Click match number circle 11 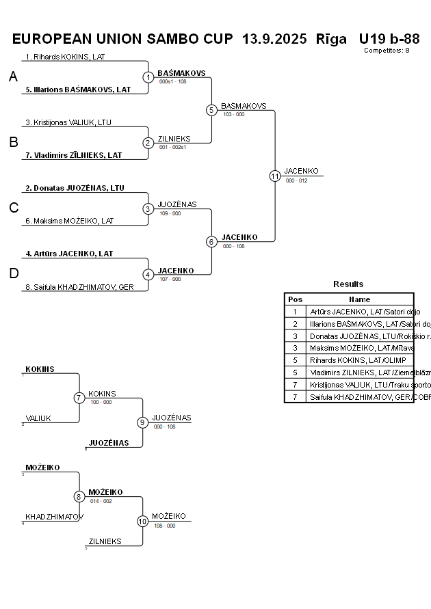(x=275, y=176)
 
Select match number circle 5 (x=211, y=110)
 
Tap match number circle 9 (x=142, y=422)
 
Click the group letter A (x=13, y=77)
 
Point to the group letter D (x=13, y=274)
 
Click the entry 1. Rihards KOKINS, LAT (x=65, y=57)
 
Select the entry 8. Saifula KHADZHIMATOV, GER (x=79, y=287)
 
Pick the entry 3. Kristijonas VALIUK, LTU (x=68, y=122)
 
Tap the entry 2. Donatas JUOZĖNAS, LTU (x=75, y=188)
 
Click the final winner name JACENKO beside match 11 (x=301, y=171)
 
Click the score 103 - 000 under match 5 (x=233, y=114)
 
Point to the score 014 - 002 (x=101, y=501)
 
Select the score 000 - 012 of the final (x=296, y=180)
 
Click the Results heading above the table (x=348, y=284)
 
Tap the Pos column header (x=295, y=299)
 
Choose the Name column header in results (x=359, y=299)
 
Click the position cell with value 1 (x=295, y=312)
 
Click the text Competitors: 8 (x=387, y=50)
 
